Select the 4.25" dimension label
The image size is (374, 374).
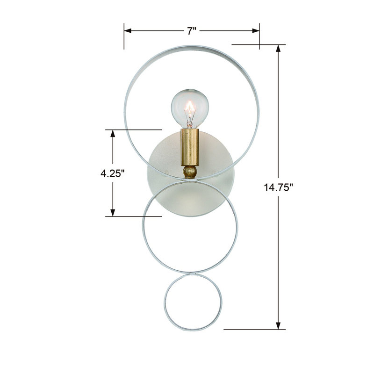[x=113, y=173]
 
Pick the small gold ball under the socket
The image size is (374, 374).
[x=189, y=172]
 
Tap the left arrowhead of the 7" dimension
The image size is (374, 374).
[x=128, y=31]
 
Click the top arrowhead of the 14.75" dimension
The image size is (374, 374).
[x=280, y=48]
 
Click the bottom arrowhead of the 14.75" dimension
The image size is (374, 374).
[x=280, y=326]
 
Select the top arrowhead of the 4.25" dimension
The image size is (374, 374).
[x=113, y=133]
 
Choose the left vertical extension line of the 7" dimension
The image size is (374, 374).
[x=124, y=35]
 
